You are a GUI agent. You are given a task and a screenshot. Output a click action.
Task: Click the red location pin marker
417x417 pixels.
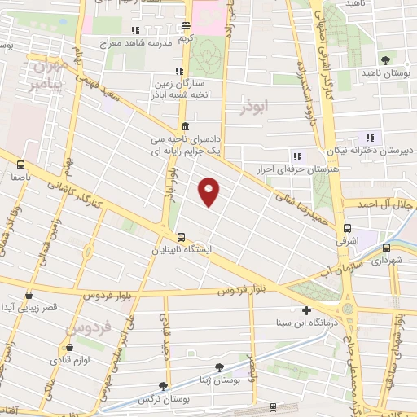pyautogui.click(x=209, y=190)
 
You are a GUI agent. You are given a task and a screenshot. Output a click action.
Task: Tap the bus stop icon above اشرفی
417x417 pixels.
pyautogui.click(x=348, y=229)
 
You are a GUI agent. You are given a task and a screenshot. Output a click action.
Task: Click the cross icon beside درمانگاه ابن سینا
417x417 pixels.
pyautogui.click(x=306, y=310)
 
